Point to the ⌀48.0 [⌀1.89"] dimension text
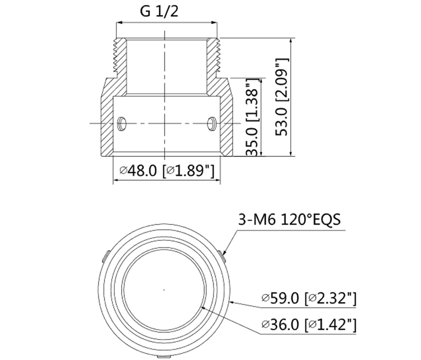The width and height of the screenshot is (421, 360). [x=167, y=170]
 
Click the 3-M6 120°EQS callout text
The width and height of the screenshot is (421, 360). [x=289, y=219]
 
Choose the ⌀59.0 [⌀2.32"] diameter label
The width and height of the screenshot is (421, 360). [x=308, y=299]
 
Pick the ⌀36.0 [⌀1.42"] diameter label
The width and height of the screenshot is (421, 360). [x=308, y=325]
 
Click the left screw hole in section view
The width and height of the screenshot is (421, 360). [x=122, y=123]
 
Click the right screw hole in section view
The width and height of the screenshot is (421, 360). [x=211, y=123]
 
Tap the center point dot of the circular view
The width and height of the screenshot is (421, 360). [x=164, y=289]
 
